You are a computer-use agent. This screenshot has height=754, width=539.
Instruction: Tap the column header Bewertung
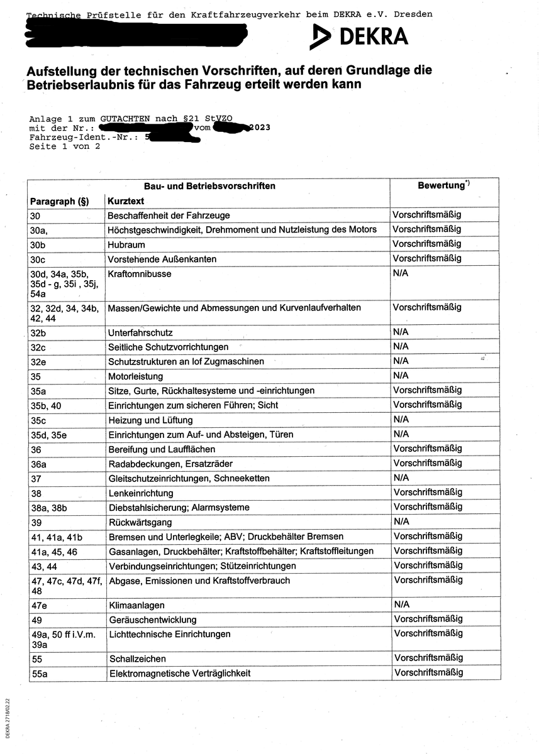pyautogui.click(x=442, y=186)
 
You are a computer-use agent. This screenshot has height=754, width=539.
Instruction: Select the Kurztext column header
pyautogui.click(x=126, y=201)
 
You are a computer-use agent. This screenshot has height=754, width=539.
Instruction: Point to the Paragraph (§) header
pyautogui.click(x=59, y=201)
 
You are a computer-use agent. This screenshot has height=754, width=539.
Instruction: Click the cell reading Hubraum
pyautogui.click(x=126, y=244)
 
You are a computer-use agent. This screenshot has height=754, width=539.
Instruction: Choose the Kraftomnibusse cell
pyautogui.click(x=140, y=274)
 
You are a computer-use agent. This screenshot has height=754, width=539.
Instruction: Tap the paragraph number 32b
pyautogui.click(x=39, y=332)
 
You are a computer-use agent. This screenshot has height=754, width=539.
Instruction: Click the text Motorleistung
pyautogui.click(x=135, y=376)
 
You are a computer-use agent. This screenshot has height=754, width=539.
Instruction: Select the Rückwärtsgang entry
pyautogui.click(x=140, y=522)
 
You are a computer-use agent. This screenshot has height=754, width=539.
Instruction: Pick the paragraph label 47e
pyautogui.click(x=39, y=605)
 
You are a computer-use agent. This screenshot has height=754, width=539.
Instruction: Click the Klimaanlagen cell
pyautogui.click(x=137, y=605)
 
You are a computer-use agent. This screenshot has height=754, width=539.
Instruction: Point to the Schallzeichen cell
pyautogui.click(x=138, y=658)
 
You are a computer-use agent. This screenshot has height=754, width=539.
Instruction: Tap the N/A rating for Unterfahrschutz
pyautogui.click(x=401, y=332)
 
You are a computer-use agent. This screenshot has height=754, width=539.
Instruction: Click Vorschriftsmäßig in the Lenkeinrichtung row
pyautogui.click(x=427, y=493)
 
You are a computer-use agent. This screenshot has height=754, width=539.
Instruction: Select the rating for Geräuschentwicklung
pyautogui.click(x=427, y=620)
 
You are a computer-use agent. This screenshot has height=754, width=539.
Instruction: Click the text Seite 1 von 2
pyautogui.click(x=65, y=146)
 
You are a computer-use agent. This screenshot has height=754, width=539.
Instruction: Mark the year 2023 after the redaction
pyautogui.click(x=259, y=128)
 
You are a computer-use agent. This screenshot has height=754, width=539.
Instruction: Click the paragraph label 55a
pyautogui.click(x=39, y=673)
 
